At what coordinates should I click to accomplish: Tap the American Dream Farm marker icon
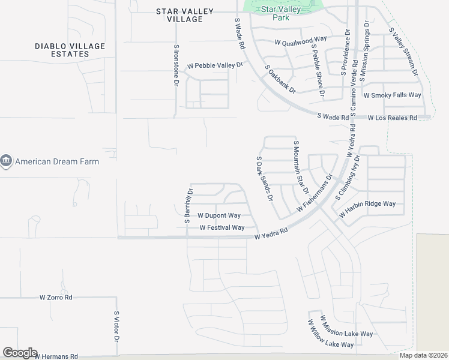click(6, 161)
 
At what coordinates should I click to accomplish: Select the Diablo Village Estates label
click(70, 50)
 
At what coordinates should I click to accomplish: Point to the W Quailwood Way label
click(301, 42)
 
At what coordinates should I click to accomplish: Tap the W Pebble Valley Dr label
click(214, 65)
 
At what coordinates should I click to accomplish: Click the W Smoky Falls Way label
click(393, 95)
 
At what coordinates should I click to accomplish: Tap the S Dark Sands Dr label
click(265, 179)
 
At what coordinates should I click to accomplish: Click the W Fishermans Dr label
click(315, 193)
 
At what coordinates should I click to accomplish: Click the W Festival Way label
click(222, 227)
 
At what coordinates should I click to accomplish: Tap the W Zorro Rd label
click(56, 297)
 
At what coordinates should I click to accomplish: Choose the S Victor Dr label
click(117, 326)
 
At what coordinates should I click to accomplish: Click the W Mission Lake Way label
click(346, 326)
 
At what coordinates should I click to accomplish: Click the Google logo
click(20, 353)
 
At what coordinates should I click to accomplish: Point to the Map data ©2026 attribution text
click(423, 355)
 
